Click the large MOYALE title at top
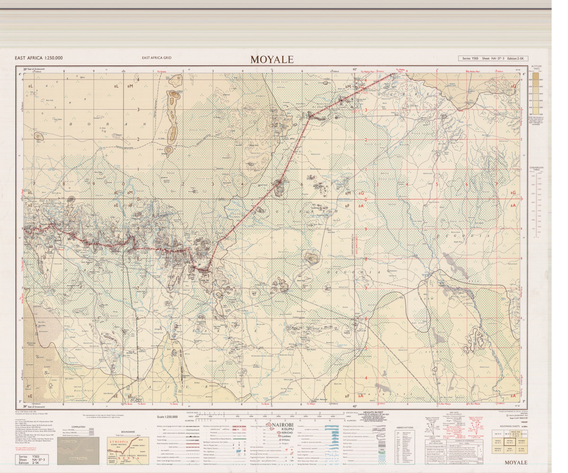[272, 60]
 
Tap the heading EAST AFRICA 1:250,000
[38, 58]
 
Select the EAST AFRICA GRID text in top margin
[156, 58]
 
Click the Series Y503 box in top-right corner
[492, 58]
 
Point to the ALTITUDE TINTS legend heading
[536, 68]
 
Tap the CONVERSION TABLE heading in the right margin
[536, 169]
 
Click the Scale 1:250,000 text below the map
[164, 417]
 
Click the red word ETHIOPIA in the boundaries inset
[116, 441]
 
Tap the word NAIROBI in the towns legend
[284, 425]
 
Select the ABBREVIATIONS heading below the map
[405, 427]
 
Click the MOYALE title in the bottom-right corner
[515, 462]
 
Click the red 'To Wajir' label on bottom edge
[311, 404]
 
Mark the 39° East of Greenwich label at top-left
[29, 70]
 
